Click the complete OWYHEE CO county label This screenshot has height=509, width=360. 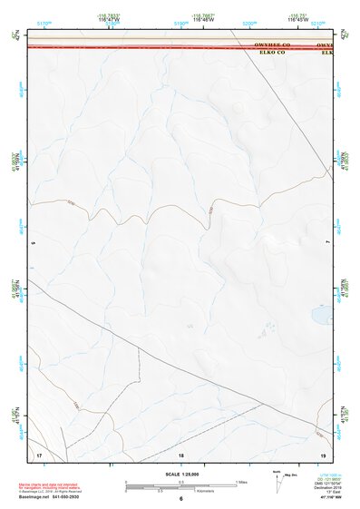pyautogui.click(x=272, y=44)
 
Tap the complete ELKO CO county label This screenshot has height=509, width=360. pyautogui.click(x=272, y=52)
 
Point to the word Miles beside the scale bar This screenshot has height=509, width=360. pyautogui.click(x=243, y=482)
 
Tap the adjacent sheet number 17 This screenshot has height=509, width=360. pyautogui.click(x=39, y=452)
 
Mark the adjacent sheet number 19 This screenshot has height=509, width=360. pyautogui.click(x=322, y=452)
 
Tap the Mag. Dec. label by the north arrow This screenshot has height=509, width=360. pyautogui.click(x=291, y=475)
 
